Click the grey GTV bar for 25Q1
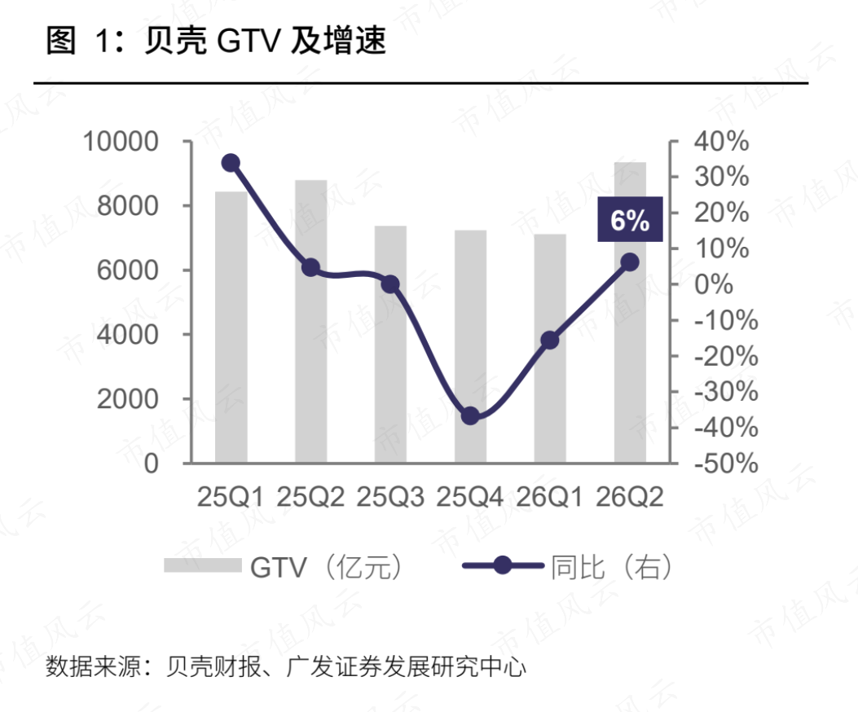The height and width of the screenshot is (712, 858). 231,327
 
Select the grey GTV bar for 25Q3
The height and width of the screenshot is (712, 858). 390,345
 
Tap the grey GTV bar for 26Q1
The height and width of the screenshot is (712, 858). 550,349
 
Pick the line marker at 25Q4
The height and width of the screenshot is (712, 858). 470,416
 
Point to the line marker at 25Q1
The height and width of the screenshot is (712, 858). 231,163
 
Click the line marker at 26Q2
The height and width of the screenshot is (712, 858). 630,262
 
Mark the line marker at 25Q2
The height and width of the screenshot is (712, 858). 310,268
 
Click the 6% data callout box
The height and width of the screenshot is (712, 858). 630,219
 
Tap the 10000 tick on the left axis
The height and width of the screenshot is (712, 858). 121,142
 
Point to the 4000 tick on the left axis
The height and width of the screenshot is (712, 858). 127,334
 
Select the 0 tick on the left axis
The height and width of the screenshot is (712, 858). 152,464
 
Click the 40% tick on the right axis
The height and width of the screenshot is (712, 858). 721,142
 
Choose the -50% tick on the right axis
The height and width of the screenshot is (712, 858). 726,464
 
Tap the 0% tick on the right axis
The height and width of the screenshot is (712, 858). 714,284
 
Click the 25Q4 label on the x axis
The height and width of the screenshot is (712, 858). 469,497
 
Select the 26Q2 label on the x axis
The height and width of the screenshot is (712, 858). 629,497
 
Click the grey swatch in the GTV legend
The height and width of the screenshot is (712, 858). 202,565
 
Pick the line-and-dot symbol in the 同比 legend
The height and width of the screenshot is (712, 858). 503,565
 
